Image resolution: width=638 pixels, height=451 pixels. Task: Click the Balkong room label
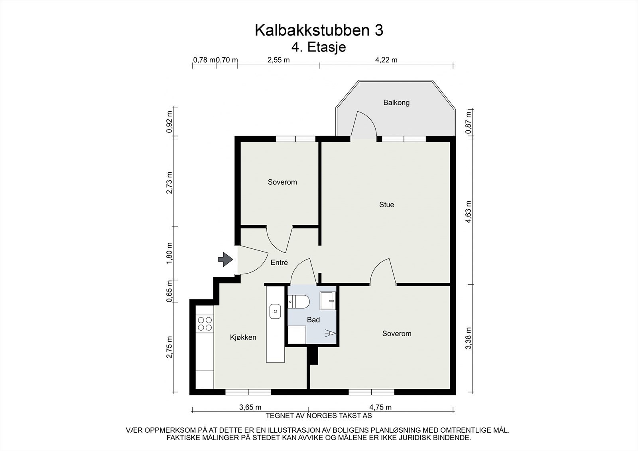(396, 102)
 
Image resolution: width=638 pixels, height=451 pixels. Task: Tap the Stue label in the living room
(386, 205)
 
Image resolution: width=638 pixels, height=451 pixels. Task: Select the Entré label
(279, 263)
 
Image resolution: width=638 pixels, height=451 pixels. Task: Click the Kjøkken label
(243, 337)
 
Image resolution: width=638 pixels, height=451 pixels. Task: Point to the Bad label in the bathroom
(313, 320)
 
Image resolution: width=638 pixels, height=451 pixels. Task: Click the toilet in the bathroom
(298, 302)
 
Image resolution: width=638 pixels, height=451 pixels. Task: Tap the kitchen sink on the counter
(275, 311)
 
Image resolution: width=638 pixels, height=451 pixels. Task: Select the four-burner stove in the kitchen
(205, 323)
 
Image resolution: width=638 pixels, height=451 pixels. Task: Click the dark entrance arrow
(225, 260)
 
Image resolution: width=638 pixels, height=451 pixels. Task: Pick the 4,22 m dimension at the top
(386, 60)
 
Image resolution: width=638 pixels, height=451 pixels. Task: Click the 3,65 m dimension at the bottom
(250, 407)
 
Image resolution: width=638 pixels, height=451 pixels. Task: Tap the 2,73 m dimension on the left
(170, 183)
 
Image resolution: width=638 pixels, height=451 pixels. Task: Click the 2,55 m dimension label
(278, 60)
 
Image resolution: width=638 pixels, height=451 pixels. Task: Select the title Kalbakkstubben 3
(319, 30)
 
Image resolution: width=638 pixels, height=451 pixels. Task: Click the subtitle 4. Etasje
(319, 47)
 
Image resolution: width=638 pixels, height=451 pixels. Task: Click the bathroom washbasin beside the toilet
(329, 299)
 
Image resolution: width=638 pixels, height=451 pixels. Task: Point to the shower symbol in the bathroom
(331, 333)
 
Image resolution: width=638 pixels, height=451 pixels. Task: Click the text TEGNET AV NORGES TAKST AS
(319, 416)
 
